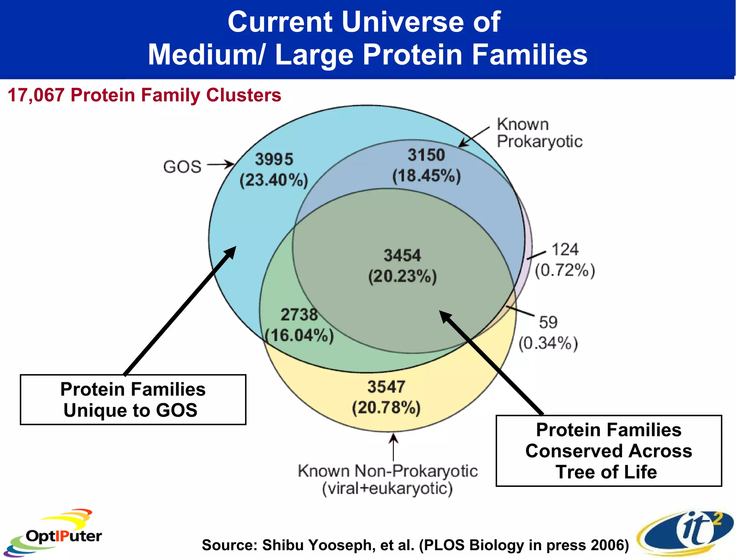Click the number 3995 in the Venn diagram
point(274,159)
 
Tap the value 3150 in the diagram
point(426,155)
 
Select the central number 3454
point(402,255)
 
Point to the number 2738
point(299,315)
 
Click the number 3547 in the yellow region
point(386,387)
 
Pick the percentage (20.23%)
point(402,276)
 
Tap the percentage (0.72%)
point(565,270)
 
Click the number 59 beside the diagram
point(548,322)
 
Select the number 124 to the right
point(565,249)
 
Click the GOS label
point(182,167)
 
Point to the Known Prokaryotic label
point(539,133)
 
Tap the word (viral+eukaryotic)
point(387,489)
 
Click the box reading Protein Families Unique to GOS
point(133,400)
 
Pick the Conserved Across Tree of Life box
point(608,451)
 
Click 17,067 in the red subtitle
point(36,95)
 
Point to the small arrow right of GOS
point(220,165)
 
